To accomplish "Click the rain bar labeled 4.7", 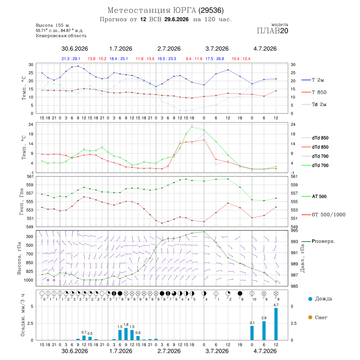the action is (x=276, y=324).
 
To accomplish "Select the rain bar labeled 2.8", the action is (x=264, y=331).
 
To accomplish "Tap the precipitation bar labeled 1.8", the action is (x=126, y=334).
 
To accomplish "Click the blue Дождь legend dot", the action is (x=310, y=299).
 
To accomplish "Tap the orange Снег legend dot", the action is (x=310, y=317).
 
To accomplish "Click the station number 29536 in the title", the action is (x=211, y=10).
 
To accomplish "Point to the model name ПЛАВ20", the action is (x=272, y=31).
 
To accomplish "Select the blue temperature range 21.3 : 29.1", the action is (x=71, y=59).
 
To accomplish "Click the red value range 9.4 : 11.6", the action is (x=194, y=59).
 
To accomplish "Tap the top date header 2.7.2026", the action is (x=169, y=49).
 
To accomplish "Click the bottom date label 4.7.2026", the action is (x=265, y=351).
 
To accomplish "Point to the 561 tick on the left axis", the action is (x=30, y=176).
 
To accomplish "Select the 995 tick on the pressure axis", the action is (x=294, y=230).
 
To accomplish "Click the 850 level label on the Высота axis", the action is (x=29, y=263).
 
